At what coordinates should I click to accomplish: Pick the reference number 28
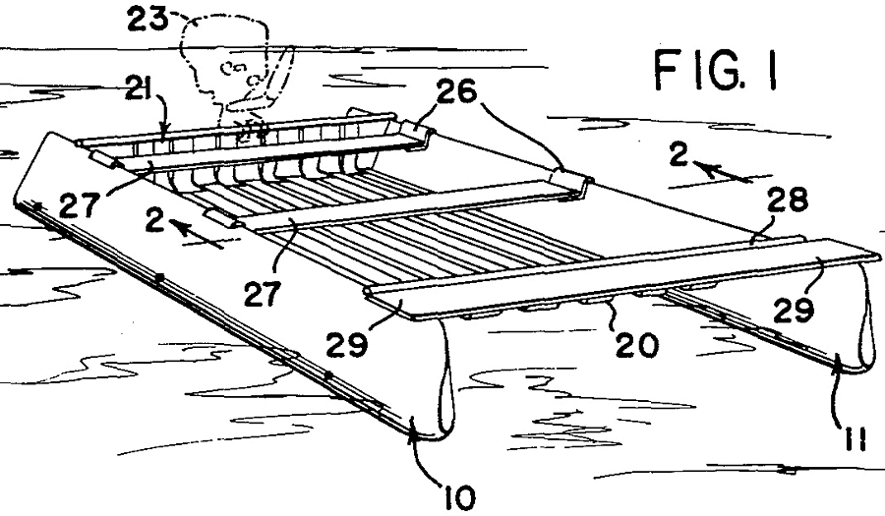click(x=787, y=200)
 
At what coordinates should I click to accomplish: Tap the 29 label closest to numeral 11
click(x=794, y=311)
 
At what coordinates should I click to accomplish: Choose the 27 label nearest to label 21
click(x=78, y=205)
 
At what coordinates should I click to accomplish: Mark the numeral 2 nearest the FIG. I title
click(x=678, y=154)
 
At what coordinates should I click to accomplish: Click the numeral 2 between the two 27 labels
click(x=154, y=220)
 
